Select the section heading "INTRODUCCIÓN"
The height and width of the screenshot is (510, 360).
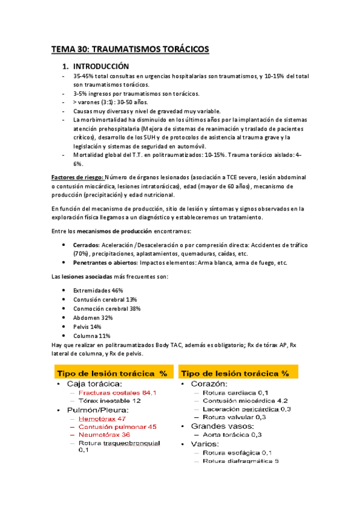point(99,66)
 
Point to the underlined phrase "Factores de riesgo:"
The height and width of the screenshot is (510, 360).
point(78,177)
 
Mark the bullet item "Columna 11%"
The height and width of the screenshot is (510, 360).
point(91,336)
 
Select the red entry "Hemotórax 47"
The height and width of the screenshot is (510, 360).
point(102,418)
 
